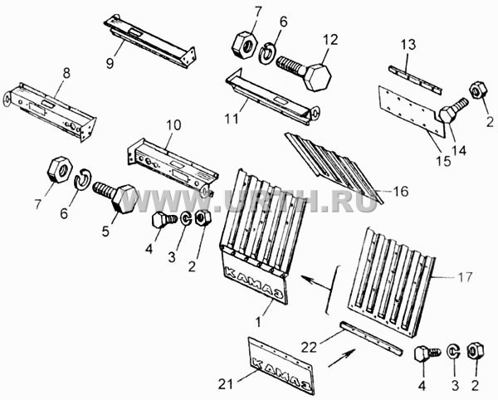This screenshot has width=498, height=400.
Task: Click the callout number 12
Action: point(331,41)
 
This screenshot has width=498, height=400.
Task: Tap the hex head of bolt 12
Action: point(318,77)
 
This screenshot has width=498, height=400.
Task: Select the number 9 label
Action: point(110,63)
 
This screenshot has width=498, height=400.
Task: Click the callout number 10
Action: point(173,124)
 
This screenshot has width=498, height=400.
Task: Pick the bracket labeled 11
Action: point(272,97)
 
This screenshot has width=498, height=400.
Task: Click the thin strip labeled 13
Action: point(415,80)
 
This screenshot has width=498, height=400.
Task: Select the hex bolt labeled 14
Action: point(452,110)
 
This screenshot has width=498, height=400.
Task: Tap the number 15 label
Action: point(444,161)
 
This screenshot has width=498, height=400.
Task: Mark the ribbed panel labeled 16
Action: point(334,168)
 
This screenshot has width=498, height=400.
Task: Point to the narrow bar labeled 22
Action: point(371,339)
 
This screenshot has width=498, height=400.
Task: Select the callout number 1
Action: point(259,322)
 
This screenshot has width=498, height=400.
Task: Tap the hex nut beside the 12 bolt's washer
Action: point(245,45)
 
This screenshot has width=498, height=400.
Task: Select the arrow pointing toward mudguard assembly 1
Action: point(316,283)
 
